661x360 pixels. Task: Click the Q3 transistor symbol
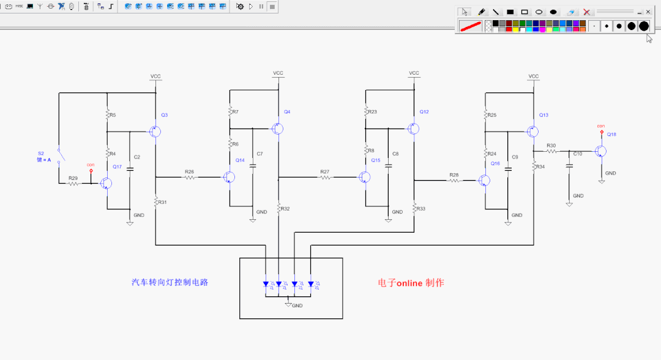[155, 132]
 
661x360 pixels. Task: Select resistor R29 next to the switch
[73, 184]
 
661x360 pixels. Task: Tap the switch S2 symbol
[59, 156]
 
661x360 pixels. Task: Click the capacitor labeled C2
[130, 168]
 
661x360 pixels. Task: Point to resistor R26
[189, 178]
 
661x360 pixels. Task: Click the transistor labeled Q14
[229, 178]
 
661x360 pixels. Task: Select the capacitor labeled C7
[252, 165]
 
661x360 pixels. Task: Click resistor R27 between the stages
[325, 178]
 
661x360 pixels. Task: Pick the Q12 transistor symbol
[413, 129]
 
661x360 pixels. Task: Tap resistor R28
[454, 181]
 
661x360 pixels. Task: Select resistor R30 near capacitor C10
[551, 151]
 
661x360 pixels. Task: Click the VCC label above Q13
[534, 77]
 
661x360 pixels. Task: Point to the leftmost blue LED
[266, 284]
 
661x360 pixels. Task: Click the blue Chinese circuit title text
[170, 283]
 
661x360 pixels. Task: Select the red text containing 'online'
[411, 283]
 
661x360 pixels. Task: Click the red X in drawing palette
[586, 12]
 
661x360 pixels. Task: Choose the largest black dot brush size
[644, 26]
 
